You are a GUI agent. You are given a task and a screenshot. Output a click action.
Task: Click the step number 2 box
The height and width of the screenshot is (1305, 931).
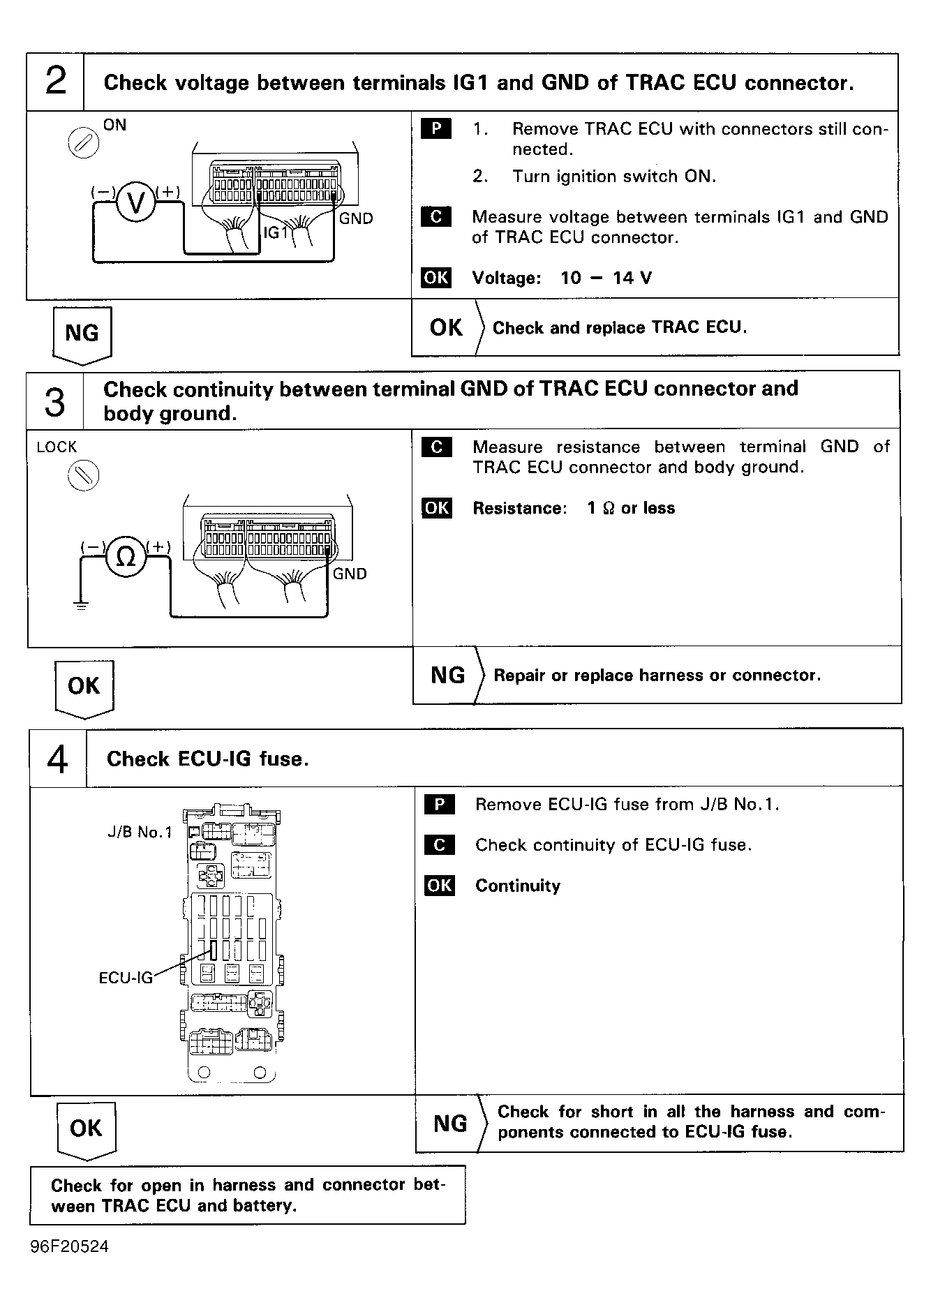[x=55, y=82]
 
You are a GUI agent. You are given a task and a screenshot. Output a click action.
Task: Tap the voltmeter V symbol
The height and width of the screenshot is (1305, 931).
[x=136, y=202]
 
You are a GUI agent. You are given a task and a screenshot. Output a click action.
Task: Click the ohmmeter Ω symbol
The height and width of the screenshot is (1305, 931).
[x=126, y=558]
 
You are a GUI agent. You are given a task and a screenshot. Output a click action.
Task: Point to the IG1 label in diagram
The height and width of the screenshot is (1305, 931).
[x=276, y=232]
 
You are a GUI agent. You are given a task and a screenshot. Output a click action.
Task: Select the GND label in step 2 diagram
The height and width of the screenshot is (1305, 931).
[x=356, y=219]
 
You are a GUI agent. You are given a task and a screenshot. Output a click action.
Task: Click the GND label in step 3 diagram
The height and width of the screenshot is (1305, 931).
[x=350, y=574]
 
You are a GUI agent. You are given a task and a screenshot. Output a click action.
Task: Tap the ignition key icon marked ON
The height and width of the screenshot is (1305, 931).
[x=83, y=144]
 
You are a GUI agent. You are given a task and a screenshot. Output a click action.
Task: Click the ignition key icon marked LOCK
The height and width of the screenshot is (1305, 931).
[x=83, y=476]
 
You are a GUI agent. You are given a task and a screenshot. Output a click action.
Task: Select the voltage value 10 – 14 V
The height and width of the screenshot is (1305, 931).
[x=606, y=278]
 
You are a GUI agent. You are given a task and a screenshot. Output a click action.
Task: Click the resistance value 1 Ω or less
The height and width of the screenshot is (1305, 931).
[x=631, y=508]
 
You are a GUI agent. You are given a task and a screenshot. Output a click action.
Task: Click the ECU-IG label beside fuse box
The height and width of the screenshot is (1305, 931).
[x=126, y=978]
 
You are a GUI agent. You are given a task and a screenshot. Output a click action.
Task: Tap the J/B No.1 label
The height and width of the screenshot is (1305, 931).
[x=140, y=832]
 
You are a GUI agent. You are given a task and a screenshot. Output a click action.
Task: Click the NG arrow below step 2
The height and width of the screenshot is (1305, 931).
[x=82, y=336]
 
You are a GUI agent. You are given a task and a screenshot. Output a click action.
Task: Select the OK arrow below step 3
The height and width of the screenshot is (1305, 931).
[x=84, y=688]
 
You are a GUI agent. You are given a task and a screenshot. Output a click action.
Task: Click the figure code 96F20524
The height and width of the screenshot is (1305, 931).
[x=70, y=1246]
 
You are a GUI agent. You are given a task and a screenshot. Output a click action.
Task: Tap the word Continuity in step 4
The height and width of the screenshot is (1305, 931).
[x=518, y=886]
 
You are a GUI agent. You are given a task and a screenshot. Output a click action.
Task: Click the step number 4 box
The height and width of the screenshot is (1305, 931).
[x=58, y=759]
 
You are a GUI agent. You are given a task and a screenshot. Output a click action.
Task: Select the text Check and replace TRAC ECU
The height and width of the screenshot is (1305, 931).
[x=619, y=328]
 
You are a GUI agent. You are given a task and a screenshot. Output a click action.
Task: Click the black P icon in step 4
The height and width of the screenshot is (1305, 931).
[x=439, y=805]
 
